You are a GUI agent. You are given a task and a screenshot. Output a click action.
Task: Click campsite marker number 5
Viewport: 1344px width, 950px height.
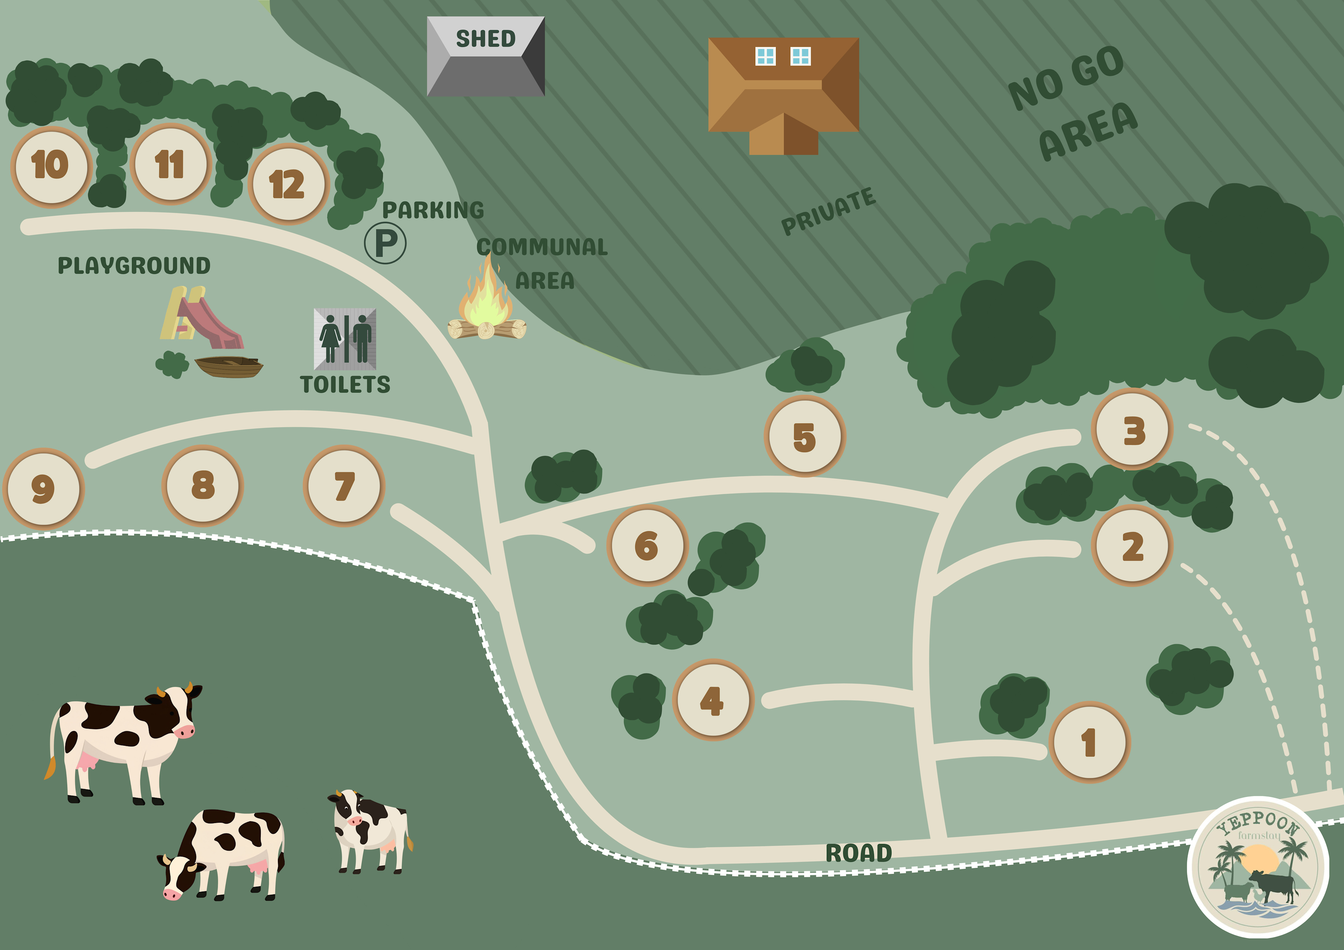point(805,436)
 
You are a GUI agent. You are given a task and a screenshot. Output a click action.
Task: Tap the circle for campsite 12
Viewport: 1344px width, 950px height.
point(288,184)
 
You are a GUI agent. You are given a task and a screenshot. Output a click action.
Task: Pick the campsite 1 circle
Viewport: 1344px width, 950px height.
point(1089,742)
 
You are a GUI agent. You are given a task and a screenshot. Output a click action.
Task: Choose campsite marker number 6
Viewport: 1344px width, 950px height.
point(647,546)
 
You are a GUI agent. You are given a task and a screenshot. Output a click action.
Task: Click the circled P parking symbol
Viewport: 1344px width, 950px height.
point(385,243)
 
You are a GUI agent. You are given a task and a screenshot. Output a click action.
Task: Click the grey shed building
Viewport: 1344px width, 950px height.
point(486,56)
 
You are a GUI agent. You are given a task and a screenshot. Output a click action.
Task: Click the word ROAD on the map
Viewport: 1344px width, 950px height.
point(858,853)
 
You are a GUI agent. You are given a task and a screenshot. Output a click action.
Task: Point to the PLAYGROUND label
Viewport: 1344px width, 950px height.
point(134,266)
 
